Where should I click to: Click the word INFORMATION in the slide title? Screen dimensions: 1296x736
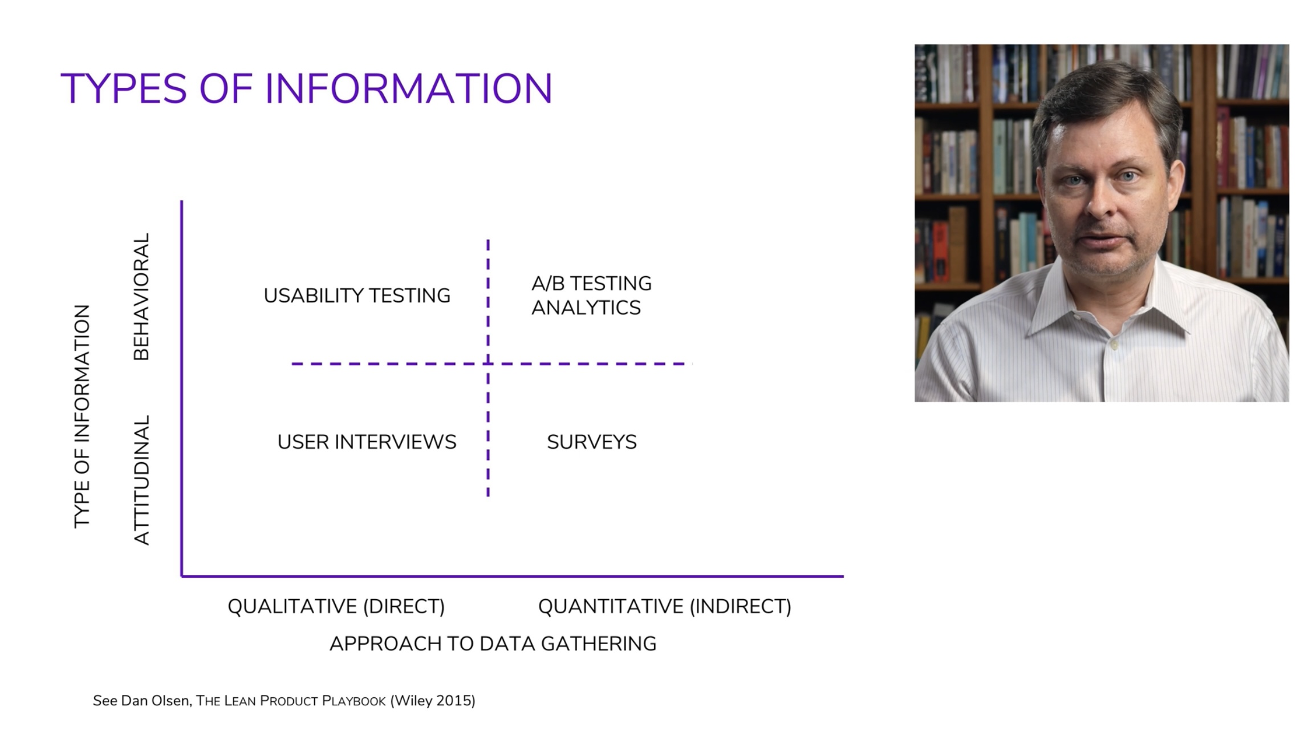pos(408,88)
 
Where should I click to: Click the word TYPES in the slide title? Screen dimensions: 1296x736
pos(124,88)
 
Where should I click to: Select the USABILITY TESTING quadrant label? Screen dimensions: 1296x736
pos(357,296)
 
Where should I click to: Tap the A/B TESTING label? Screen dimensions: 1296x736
pos(591,284)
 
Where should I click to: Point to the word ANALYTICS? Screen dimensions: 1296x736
pos(586,308)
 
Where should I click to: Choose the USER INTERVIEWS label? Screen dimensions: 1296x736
pos(367,442)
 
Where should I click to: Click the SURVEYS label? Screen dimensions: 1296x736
pos(592,442)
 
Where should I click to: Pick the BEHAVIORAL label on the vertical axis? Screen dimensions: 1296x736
pos(141,297)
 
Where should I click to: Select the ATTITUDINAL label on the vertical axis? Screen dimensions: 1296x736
pos(141,480)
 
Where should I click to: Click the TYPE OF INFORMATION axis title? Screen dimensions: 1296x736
pos(82,416)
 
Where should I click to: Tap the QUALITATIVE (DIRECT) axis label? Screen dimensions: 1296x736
pos(336,606)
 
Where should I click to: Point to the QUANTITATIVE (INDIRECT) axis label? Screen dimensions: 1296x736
pos(665,606)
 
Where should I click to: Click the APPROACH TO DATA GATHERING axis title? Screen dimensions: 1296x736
pos(493,644)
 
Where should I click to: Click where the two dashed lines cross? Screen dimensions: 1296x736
pos(488,363)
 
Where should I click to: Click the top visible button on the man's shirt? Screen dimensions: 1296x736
pos(1114,345)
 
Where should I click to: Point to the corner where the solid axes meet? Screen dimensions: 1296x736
pos(182,576)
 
